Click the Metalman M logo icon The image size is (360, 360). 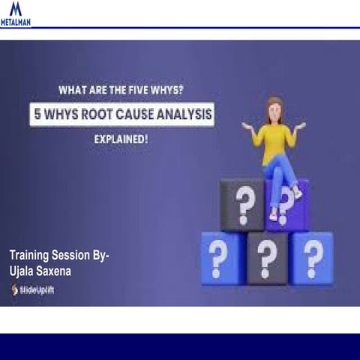point(15,10)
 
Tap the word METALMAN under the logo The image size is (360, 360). point(16,22)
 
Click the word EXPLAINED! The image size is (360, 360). point(120,139)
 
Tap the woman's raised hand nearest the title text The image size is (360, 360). point(247,126)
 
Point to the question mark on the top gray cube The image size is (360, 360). point(241,202)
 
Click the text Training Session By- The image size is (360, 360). point(58,256)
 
